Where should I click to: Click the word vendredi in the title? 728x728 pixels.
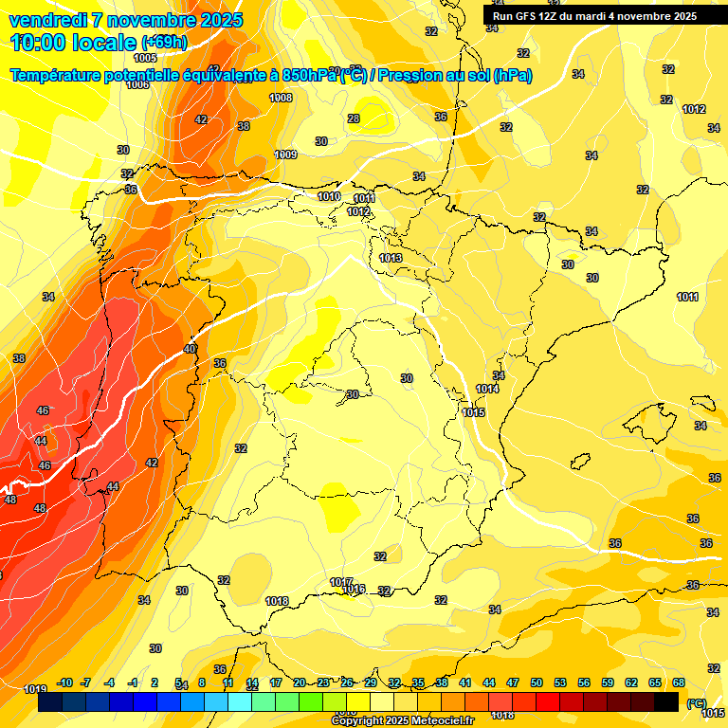point(48,20)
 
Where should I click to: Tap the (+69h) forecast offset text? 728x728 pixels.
point(164,43)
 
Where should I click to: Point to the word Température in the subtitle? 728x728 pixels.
point(64,76)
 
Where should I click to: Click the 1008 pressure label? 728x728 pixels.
point(281,98)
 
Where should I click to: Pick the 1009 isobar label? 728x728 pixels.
point(285,155)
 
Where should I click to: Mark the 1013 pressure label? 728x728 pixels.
point(391,258)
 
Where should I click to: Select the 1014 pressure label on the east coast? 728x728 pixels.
point(487,389)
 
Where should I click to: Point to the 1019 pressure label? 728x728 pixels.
point(35,689)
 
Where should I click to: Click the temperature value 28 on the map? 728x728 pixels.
point(354,118)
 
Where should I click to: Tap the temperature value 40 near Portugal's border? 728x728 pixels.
point(190,349)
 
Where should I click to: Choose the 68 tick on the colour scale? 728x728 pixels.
point(679,682)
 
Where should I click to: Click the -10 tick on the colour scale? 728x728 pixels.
point(65,682)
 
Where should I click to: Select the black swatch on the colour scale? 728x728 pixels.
point(666,701)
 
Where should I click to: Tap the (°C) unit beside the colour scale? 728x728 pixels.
point(697,703)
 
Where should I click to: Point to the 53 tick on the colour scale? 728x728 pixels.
point(560,682)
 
